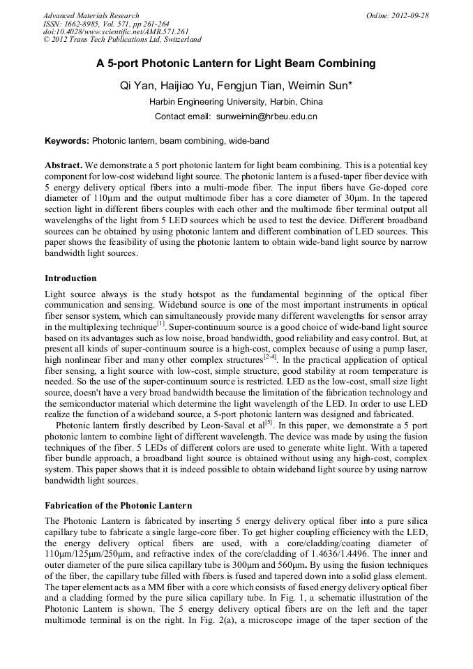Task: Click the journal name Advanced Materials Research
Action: point(91,15)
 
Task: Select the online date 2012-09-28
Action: point(409,15)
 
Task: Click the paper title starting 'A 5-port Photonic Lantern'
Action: point(236,63)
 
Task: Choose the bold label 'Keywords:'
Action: point(67,141)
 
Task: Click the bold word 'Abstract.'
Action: point(63,166)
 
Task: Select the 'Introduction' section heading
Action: point(70,278)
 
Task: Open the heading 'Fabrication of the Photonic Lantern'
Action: point(118,505)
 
